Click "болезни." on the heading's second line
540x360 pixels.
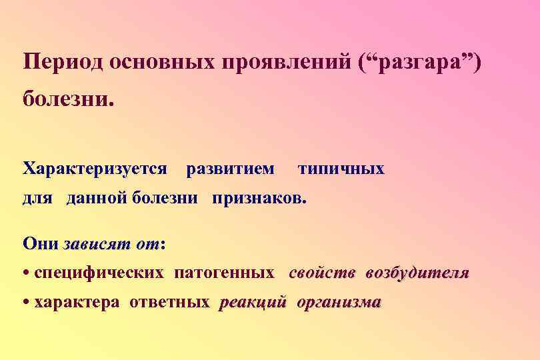coord(69,101)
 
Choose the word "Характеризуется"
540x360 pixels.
coord(95,169)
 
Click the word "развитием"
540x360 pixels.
coord(229,169)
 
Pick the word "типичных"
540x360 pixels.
coord(341,169)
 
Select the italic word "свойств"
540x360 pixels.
coord(323,273)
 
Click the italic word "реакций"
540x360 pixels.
coord(253,303)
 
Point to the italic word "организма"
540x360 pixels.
coord(339,303)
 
